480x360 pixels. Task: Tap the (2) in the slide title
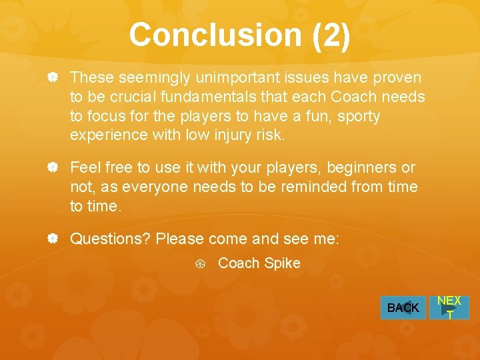pos(330,35)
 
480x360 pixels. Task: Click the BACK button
pos(403,308)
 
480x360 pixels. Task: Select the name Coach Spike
pos(259,263)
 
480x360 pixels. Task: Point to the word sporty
pos(358,117)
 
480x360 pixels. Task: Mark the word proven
pos(399,78)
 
